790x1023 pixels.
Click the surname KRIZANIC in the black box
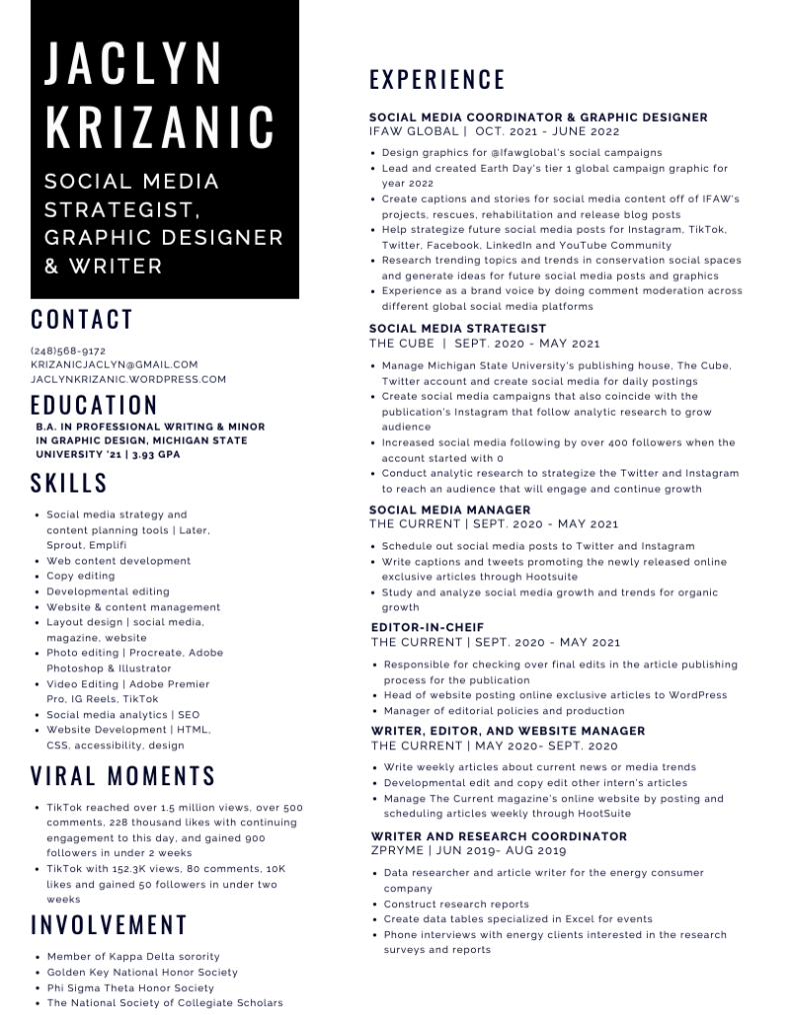(160, 127)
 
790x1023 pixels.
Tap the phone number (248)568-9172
(68, 351)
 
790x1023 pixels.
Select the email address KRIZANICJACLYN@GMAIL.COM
(114, 365)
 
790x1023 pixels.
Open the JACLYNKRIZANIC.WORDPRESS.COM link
(128, 379)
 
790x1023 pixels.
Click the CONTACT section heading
(81, 320)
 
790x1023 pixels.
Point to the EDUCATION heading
(94, 406)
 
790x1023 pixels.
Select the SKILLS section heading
(69, 484)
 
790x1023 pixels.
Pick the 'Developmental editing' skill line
(108, 591)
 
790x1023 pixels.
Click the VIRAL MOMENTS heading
(123, 776)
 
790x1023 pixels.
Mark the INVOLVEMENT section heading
(109, 925)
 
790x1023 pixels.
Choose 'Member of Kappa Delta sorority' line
(133, 956)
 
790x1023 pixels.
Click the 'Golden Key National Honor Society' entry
(142, 972)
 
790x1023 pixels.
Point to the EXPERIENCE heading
(437, 80)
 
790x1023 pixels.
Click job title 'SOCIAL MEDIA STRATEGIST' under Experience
(457, 328)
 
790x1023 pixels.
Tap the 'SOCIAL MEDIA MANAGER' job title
(449, 510)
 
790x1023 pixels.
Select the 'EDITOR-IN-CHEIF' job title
(429, 627)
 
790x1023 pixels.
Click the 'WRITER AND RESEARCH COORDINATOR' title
(499, 836)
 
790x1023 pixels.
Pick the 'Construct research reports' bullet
(456, 904)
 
